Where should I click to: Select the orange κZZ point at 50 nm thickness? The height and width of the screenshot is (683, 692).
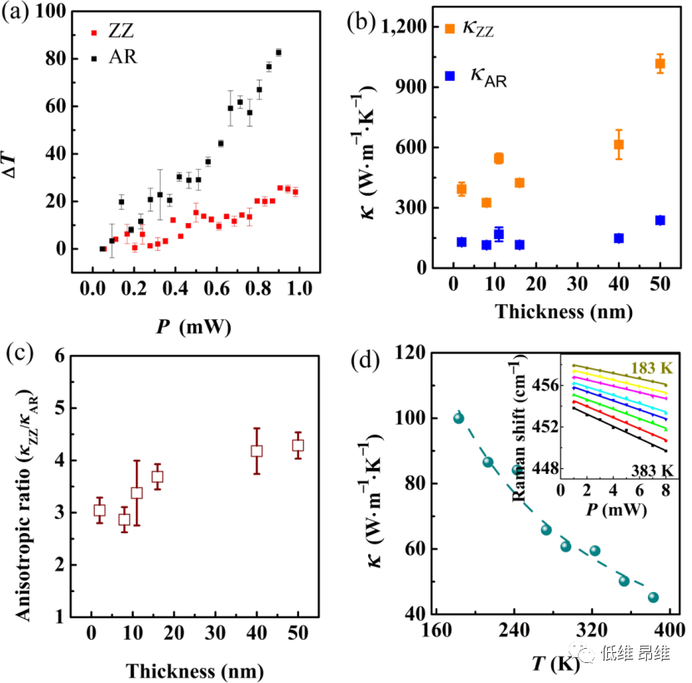coord(660,63)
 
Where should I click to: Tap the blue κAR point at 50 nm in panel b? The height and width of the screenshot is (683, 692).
coord(660,220)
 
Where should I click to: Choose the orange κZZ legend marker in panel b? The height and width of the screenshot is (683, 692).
coord(451,29)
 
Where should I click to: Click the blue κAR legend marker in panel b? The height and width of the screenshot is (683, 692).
coord(451,76)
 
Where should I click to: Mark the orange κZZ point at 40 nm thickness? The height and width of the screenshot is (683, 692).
coord(619,144)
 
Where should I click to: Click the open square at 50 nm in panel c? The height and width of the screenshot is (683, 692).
coord(297,446)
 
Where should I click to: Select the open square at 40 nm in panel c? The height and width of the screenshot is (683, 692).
coord(256,451)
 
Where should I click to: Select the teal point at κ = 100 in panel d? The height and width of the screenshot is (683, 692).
coord(458,417)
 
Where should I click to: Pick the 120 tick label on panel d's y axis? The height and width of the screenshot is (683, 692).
coord(412,353)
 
